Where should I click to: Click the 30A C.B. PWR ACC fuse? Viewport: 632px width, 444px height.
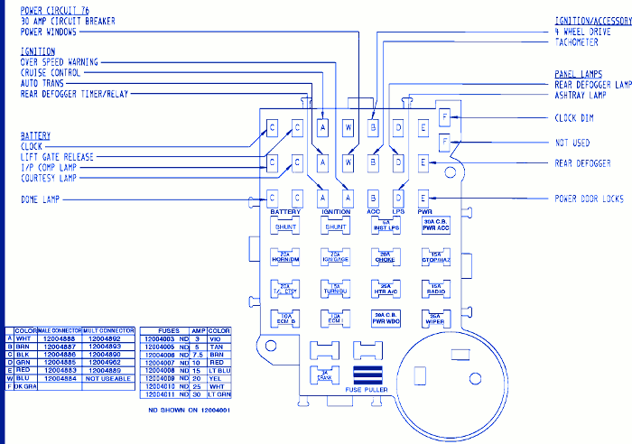pos(435,226)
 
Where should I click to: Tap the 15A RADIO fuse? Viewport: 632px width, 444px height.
pos(435,288)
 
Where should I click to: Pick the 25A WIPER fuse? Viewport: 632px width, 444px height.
pos(435,318)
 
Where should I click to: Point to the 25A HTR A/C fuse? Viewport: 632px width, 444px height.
pos(386,288)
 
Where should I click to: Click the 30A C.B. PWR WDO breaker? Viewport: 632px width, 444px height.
pos(386,318)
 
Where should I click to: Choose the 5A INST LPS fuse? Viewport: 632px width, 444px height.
pos(386,226)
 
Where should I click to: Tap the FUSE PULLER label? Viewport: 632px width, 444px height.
pos(367,390)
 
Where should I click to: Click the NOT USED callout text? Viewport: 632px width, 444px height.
pos(572,143)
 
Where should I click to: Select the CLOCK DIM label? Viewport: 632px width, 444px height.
pos(574,118)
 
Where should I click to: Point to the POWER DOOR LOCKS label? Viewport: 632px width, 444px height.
pos(590,199)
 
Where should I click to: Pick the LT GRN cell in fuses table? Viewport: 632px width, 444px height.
pos(219,394)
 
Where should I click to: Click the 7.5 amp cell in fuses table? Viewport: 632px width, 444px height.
pos(196,354)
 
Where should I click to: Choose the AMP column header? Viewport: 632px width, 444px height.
pos(196,331)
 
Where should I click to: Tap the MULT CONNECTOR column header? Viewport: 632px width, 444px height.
pos(108,331)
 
